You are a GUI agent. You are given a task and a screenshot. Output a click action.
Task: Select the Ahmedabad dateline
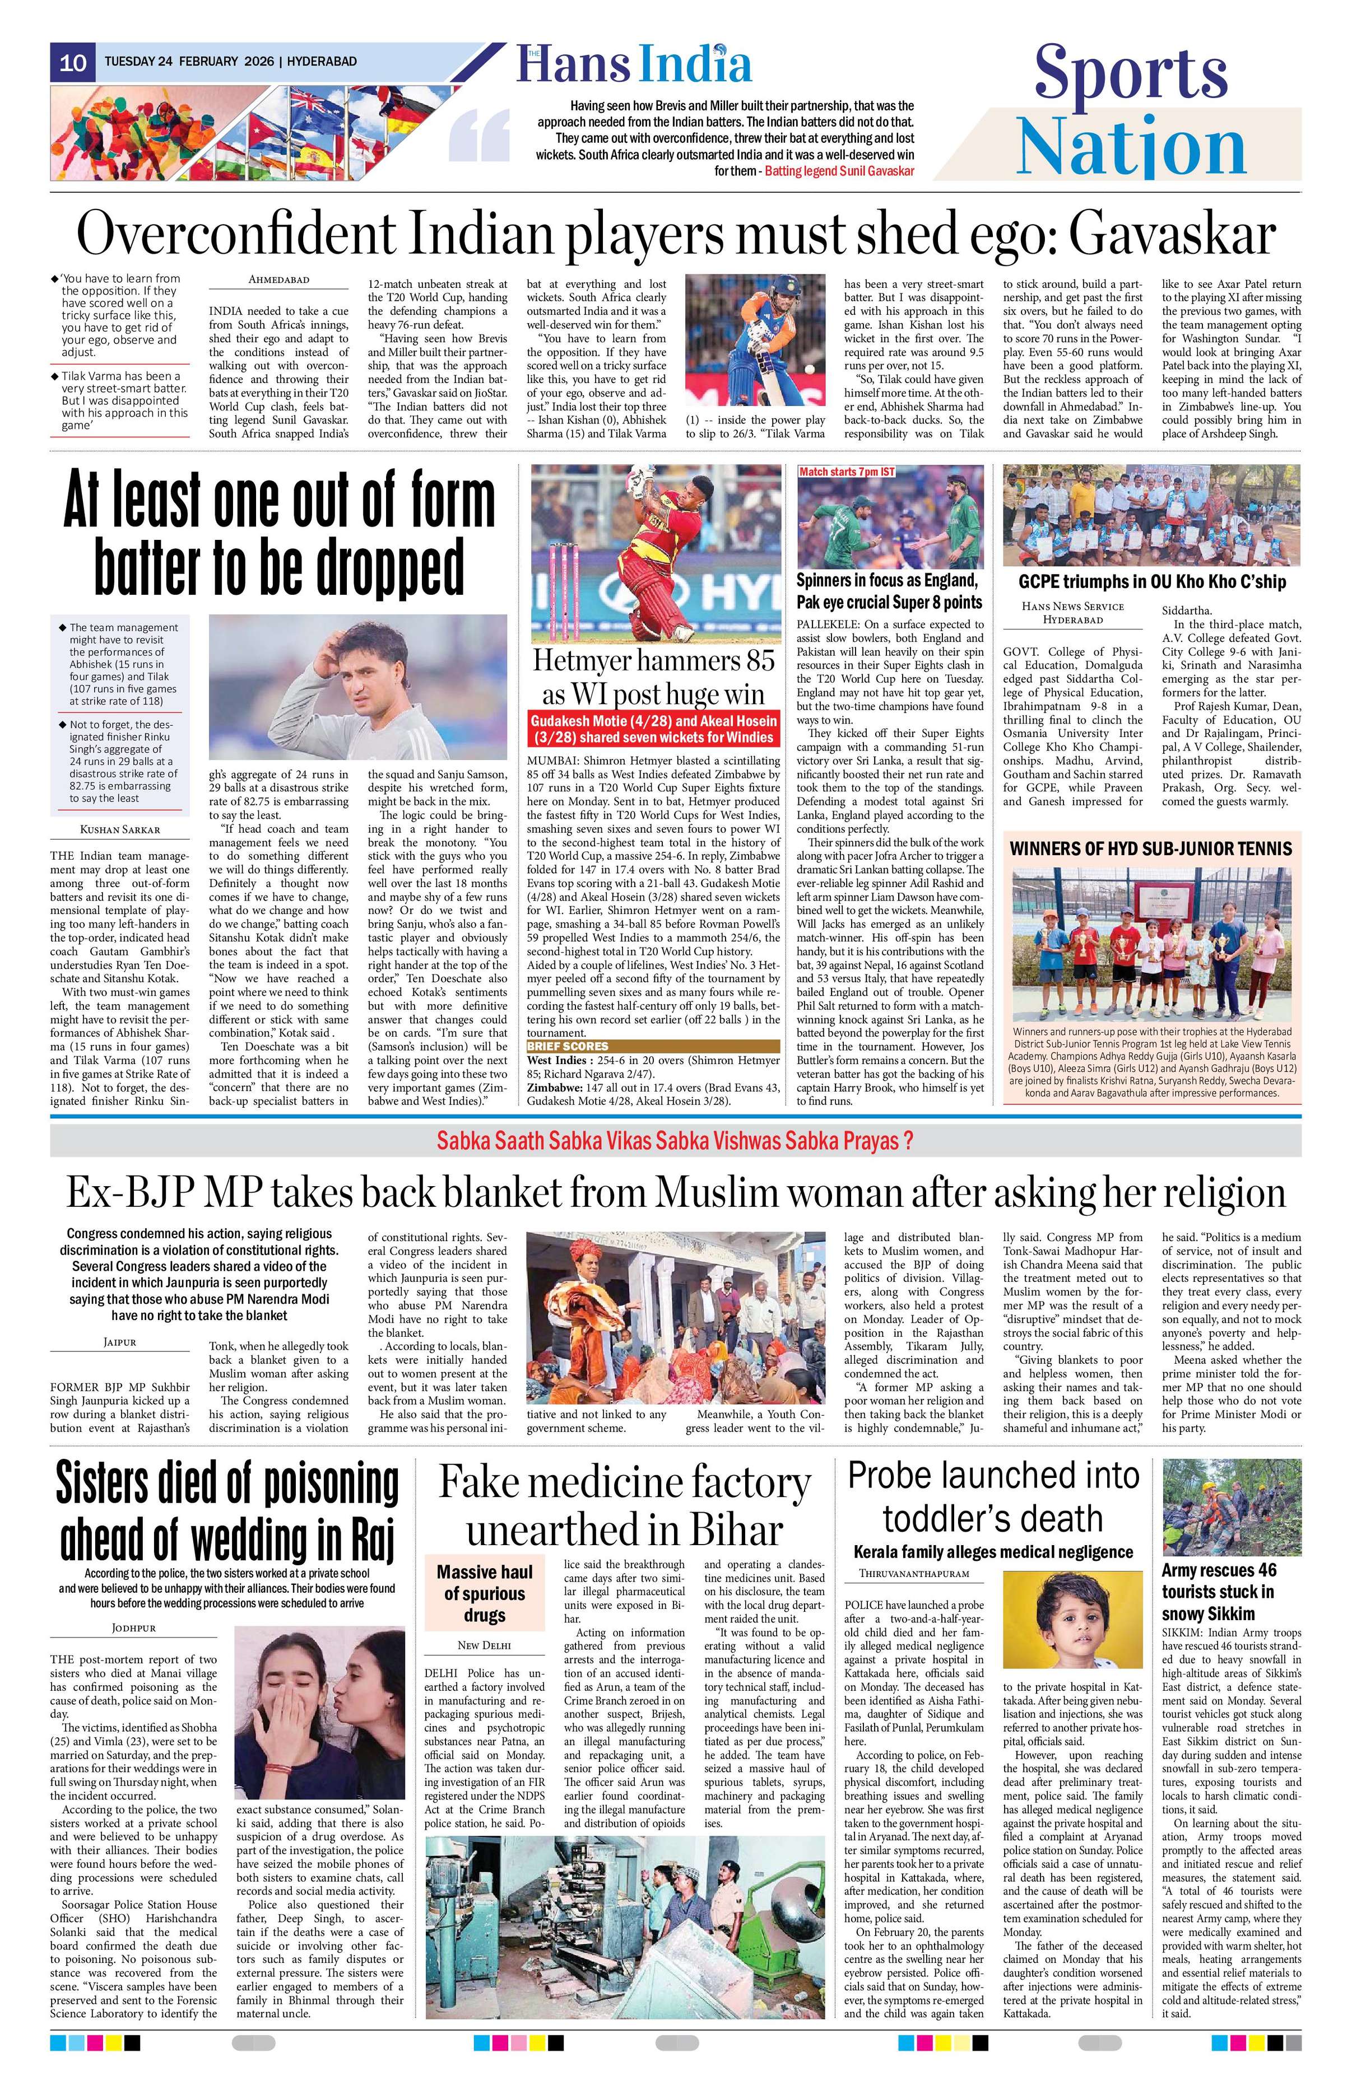(x=278, y=279)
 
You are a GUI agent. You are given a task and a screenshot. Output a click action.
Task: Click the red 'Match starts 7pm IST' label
(x=847, y=472)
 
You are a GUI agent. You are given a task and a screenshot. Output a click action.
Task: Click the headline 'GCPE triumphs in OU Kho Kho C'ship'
(x=1151, y=582)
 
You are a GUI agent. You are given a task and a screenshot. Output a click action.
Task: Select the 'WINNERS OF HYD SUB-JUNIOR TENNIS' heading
(x=1150, y=848)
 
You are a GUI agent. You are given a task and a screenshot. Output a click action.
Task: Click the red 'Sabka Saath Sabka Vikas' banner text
(x=676, y=1141)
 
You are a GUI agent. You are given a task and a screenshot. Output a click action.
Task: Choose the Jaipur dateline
(x=119, y=1341)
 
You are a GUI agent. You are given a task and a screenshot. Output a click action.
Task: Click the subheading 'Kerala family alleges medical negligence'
(x=993, y=1551)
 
